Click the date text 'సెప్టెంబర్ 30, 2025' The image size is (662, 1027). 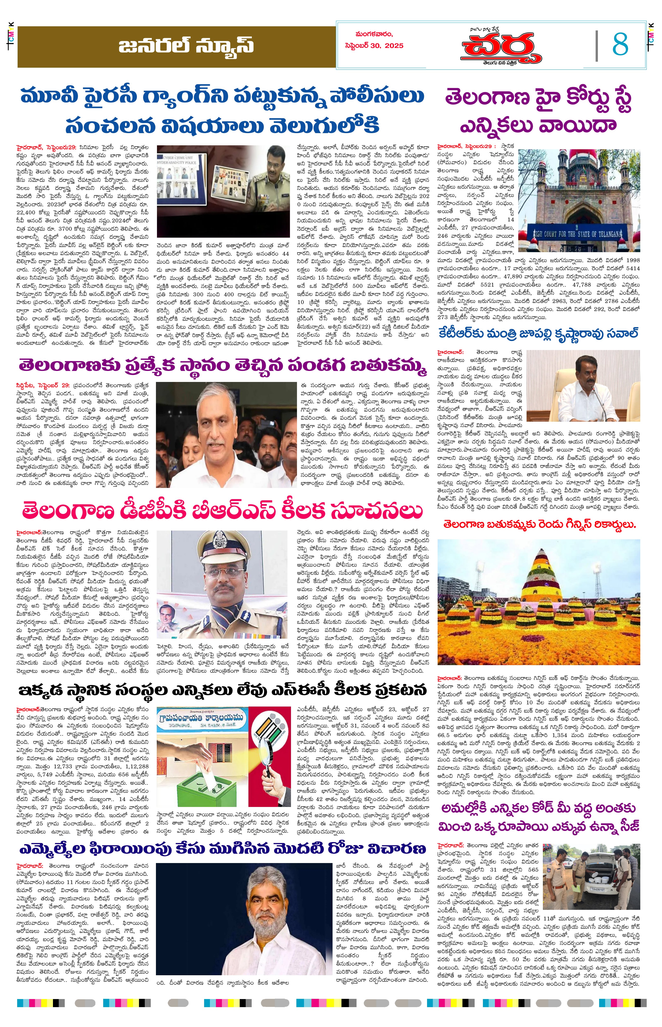pos(374,46)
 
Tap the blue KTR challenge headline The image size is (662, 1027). pos(538,334)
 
